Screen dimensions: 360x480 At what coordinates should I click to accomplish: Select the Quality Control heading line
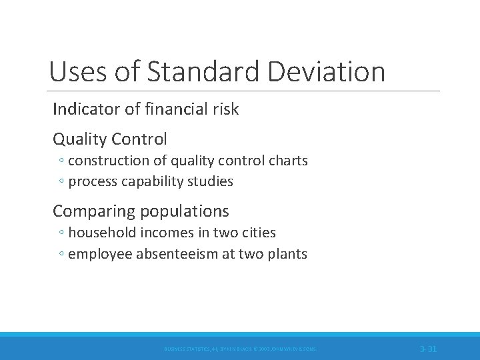(x=110, y=139)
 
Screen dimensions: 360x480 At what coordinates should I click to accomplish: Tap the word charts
(x=287, y=161)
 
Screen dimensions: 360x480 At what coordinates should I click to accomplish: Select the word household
(x=99, y=233)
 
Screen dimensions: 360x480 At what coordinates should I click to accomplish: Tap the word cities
(x=259, y=233)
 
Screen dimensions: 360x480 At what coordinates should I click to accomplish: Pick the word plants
(x=288, y=254)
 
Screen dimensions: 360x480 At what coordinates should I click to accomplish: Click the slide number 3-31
(x=428, y=349)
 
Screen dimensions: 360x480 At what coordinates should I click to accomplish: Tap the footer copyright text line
(x=241, y=349)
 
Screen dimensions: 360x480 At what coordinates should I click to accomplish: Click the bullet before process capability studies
(x=61, y=182)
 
